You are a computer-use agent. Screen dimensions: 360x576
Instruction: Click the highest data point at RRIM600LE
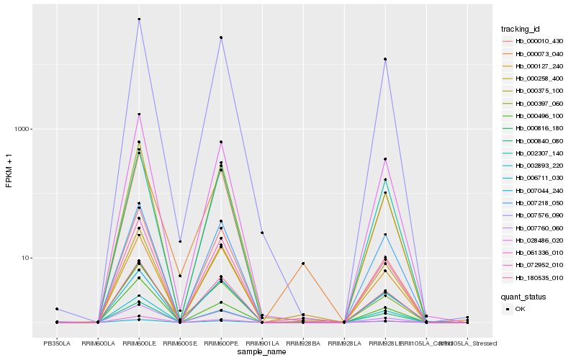click(x=139, y=19)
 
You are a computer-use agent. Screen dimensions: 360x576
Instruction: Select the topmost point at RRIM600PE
click(x=221, y=37)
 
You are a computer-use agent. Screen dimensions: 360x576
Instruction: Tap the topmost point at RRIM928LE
click(x=385, y=59)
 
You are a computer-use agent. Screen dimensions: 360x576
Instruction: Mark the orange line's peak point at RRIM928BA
click(x=303, y=264)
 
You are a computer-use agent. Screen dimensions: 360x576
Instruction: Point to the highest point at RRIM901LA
click(x=262, y=233)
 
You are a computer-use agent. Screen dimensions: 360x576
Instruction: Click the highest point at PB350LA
click(x=57, y=309)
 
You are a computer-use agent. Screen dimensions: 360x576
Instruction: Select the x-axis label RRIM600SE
click(x=180, y=343)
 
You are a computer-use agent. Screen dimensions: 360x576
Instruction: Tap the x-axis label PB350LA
click(x=57, y=343)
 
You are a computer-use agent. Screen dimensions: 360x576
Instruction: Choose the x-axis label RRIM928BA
click(x=303, y=343)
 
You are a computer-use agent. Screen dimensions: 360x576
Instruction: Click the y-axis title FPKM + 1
click(x=9, y=171)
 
